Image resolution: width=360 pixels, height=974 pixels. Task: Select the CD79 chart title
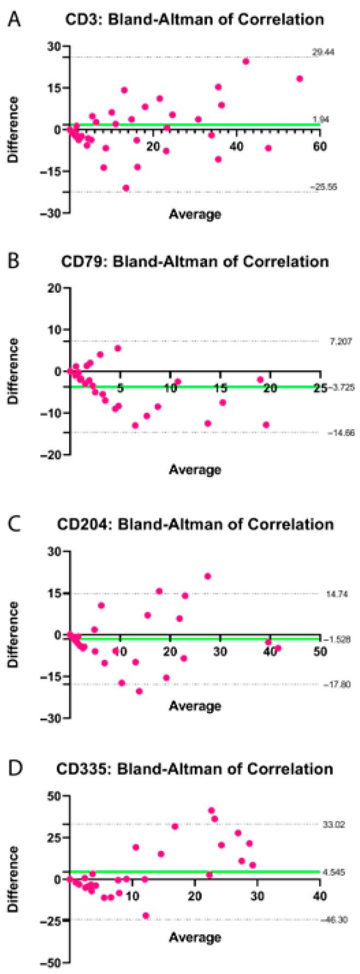click(x=195, y=261)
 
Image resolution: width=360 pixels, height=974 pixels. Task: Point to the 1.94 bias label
click(x=321, y=120)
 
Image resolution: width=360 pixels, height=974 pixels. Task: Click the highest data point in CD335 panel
click(x=211, y=811)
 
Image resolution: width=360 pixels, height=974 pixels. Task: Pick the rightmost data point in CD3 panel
click(x=299, y=79)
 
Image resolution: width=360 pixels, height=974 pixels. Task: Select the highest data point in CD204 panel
click(x=208, y=576)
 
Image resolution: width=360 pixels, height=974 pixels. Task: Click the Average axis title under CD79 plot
click(x=195, y=469)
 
